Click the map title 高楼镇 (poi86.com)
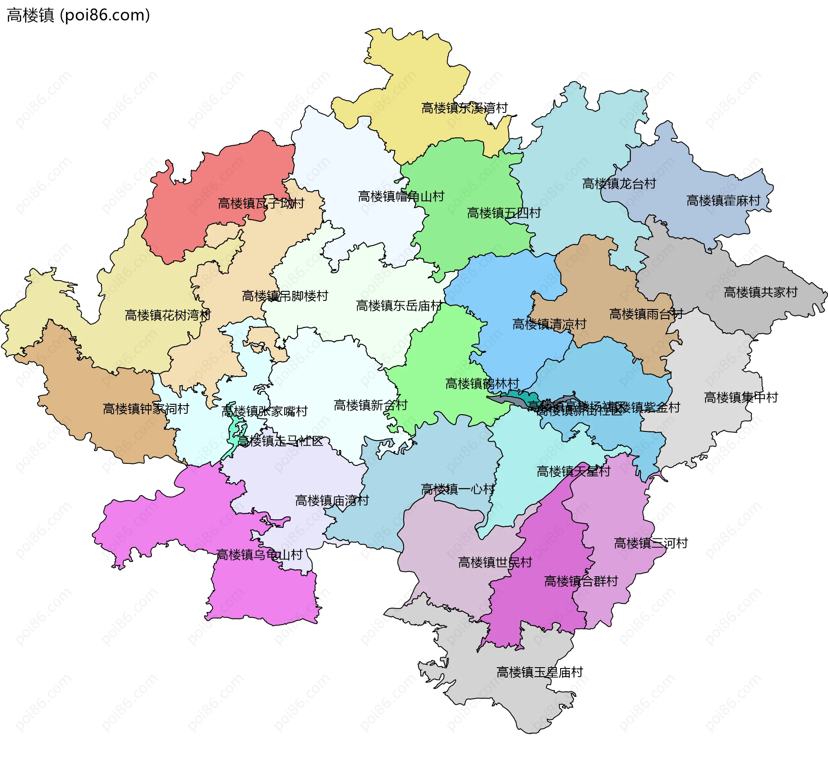click(x=78, y=15)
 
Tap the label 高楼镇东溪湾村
click(x=464, y=108)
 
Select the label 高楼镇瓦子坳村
click(x=261, y=203)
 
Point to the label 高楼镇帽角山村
click(x=401, y=197)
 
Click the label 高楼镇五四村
click(x=504, y=213)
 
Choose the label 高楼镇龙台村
click(x=619, y=184)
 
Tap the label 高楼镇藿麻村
click(x=723, y=201)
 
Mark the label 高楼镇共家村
click(x=761, y=293)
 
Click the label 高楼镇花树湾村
click(x=168, y=315)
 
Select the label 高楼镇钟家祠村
click(x=146, y=409)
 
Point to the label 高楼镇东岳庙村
click(x=399, y=306)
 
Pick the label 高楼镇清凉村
click(x=549, y=324)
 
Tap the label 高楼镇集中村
click(x=741, y=397)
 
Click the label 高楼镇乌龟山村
click(x=259, y=555)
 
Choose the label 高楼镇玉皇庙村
click(x=539, y=672)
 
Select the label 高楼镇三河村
click(x=651, y=543)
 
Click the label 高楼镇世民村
click(x=495, y=562)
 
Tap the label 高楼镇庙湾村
click(x=332, y=501)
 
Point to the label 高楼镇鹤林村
click(x=482, y=384)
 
